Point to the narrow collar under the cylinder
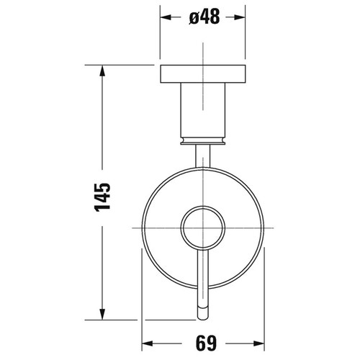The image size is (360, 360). point(205,139)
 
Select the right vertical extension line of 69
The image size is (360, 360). point(265,302)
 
